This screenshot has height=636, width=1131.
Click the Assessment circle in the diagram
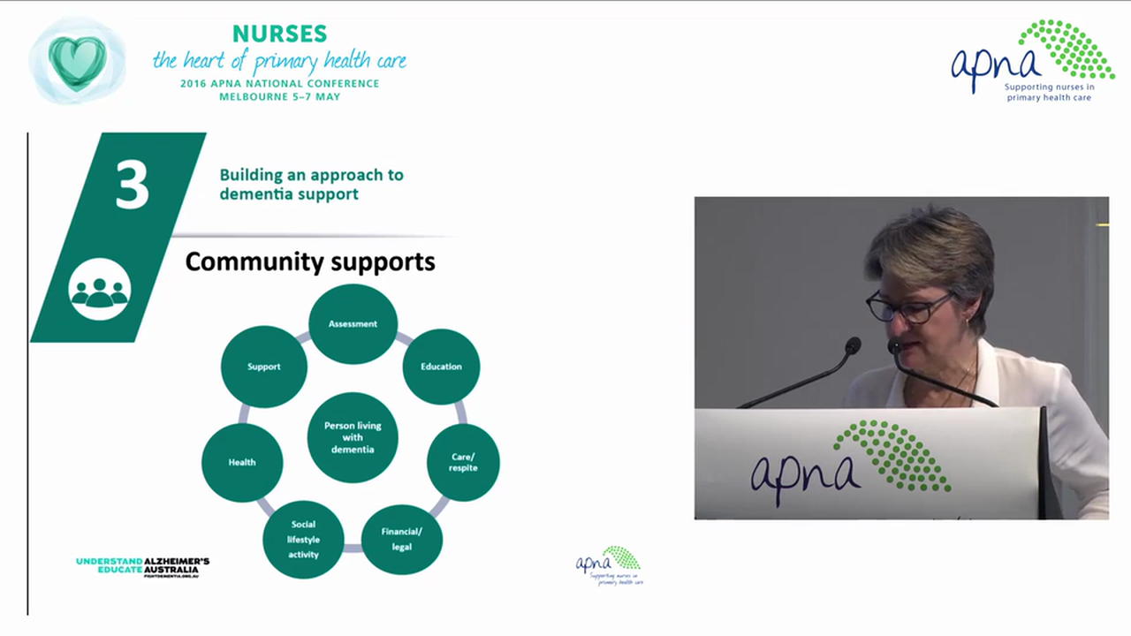[353, 324]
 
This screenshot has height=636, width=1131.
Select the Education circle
[441, 367]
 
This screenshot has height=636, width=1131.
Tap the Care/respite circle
[463, 462]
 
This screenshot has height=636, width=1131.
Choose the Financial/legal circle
[402, 539]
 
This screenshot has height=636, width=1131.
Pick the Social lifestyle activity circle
[303, 540]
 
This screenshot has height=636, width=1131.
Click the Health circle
[242, 462]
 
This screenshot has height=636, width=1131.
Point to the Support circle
[264, 367]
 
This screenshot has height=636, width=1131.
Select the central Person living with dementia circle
[353, 437]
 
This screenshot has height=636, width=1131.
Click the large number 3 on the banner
[132, 184]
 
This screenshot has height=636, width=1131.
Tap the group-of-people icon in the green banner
[100, 290]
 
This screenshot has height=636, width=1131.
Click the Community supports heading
[310, 262]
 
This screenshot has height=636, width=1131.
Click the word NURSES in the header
[279, 34]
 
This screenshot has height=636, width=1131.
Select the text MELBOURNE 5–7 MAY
[279, 96]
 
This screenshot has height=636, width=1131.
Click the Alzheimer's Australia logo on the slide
[143, 566]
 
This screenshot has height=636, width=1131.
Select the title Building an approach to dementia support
[311, 184]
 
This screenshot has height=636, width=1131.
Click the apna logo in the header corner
[1032, 61]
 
